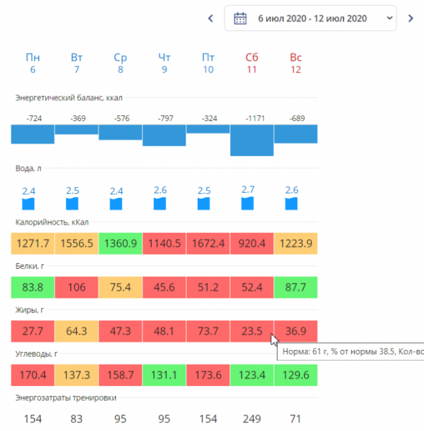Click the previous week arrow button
[210, 18]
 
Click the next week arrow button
[411, 18]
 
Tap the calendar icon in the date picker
[240, 18]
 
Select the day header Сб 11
[252, 63]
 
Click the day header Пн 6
[33, 63]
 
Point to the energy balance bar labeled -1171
[252, 140]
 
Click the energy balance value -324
[208, 119]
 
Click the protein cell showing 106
[77, 287]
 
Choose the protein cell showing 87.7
[295, 287]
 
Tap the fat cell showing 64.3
[77, 331]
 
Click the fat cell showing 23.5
[252, 331]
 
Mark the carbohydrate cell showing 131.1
[164, 375]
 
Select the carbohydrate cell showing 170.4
[33, 375]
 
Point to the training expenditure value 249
[252, 419]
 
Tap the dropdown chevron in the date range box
[389, 18]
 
